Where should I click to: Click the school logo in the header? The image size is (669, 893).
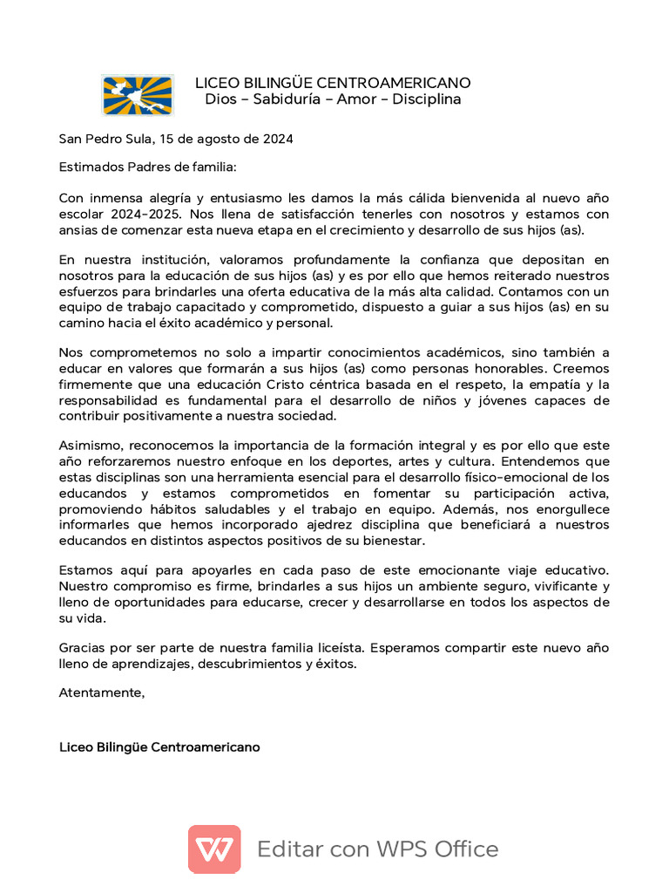[x=138, y=94]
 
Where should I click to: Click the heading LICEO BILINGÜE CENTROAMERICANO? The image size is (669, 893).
[x=333, y=83]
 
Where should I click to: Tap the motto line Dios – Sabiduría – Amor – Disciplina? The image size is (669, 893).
[x=333, y=99]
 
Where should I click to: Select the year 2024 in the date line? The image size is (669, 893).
[x=276, y=139]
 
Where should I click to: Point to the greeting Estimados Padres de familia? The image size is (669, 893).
[x=147, y=167]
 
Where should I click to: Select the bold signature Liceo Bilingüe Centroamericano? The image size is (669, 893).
[x=159, y=747]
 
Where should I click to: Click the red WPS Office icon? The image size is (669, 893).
[x=214, y=849]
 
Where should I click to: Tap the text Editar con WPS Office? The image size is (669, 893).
[x=378, y=849]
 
